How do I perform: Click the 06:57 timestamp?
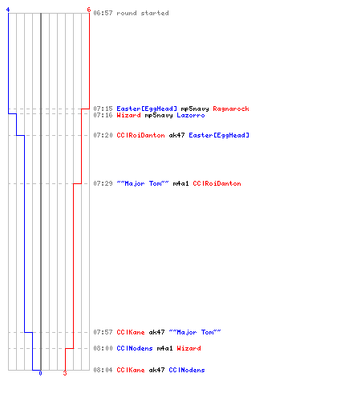[103, 13]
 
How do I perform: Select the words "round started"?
[143, 13]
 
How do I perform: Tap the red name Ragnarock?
[231, 109]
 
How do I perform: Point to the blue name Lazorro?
[191, 115]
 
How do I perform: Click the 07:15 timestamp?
[103, 109]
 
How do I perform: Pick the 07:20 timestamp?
[103, 135]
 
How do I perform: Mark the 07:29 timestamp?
[103, 183]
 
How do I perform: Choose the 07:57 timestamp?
[103, 332]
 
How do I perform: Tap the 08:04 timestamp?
[103, 370]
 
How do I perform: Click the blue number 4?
[8, 10]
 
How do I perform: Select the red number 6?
[89, 10]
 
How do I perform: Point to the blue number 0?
[40, 373]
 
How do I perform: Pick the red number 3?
[65, 373]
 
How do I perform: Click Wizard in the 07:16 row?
[129, 115]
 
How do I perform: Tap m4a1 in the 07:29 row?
[180, 183]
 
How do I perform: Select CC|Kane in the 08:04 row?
[131, 370]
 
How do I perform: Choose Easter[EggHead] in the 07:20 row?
[219, 135]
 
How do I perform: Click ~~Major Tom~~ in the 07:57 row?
[195, 332]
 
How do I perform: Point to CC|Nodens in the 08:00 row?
[135, 348]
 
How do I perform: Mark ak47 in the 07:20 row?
[176, 135]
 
